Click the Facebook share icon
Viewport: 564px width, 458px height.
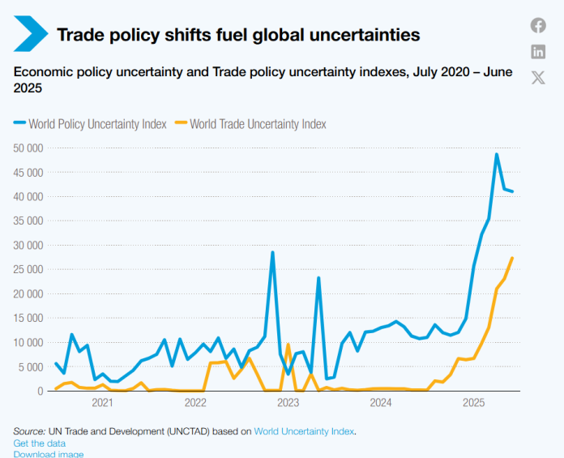538,25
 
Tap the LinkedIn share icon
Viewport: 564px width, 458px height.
538,52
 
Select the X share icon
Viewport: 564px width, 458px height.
538,78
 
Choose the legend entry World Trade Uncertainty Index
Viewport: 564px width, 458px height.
258,124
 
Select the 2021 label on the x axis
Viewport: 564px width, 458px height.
102,403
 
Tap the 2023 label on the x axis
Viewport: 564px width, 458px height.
288,403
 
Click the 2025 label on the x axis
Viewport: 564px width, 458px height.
473,403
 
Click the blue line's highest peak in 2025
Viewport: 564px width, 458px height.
497,154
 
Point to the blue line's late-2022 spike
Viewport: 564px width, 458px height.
272,252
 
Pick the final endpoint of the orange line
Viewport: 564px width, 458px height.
512,258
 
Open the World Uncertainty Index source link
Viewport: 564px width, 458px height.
304,431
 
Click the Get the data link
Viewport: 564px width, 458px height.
40,443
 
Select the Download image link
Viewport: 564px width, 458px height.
49,454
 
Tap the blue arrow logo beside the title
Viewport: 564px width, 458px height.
31,34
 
